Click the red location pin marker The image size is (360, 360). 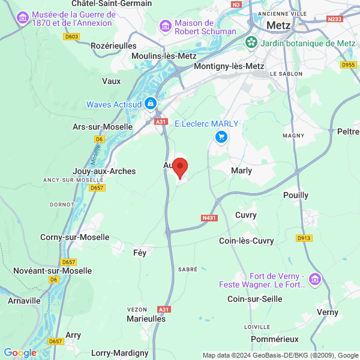coord(180,167)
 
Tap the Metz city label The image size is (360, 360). coord(280,25)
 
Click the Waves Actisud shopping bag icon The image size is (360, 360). coord(151,103)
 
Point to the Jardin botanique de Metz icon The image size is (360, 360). coord(251,43)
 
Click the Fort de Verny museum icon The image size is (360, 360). coord(315,279)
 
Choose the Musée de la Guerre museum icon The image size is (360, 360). coord(23,18)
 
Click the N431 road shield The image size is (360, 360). coord(209,218)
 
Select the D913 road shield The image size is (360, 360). coord(304,238)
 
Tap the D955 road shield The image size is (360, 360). coord(347,65)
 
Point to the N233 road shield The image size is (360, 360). coord(335,19)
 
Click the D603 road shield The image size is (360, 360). coord(71,37)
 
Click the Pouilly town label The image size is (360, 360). coord(296,195)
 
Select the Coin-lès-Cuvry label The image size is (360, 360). coord(247,241)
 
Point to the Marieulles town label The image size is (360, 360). coord(146,319)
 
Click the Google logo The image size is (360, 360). coord(20,353)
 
